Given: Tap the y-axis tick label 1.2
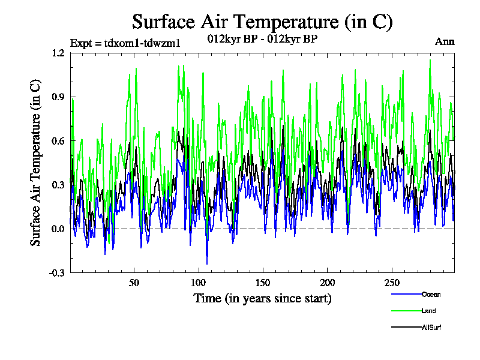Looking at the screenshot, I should click(58, 53).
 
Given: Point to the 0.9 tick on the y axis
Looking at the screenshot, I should click(58, 97).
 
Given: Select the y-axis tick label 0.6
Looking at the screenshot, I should click(58, 141).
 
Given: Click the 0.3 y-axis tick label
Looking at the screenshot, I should click(58, 185).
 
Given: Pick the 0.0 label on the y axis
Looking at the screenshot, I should click(58, 229).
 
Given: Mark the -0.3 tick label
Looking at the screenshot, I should click(57, 273).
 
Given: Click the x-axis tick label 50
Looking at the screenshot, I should click(134, 283).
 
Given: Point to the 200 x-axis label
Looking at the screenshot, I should click(327, 283).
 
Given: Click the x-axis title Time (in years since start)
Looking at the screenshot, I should click(262, 298).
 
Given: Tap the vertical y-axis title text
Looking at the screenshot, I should click(36, 162).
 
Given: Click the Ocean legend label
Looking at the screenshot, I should click(431, 294).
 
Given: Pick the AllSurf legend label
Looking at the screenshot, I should click(432, 327).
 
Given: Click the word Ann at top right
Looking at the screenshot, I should click(445, 42).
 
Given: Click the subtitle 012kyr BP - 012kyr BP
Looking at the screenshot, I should click(262, 39).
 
